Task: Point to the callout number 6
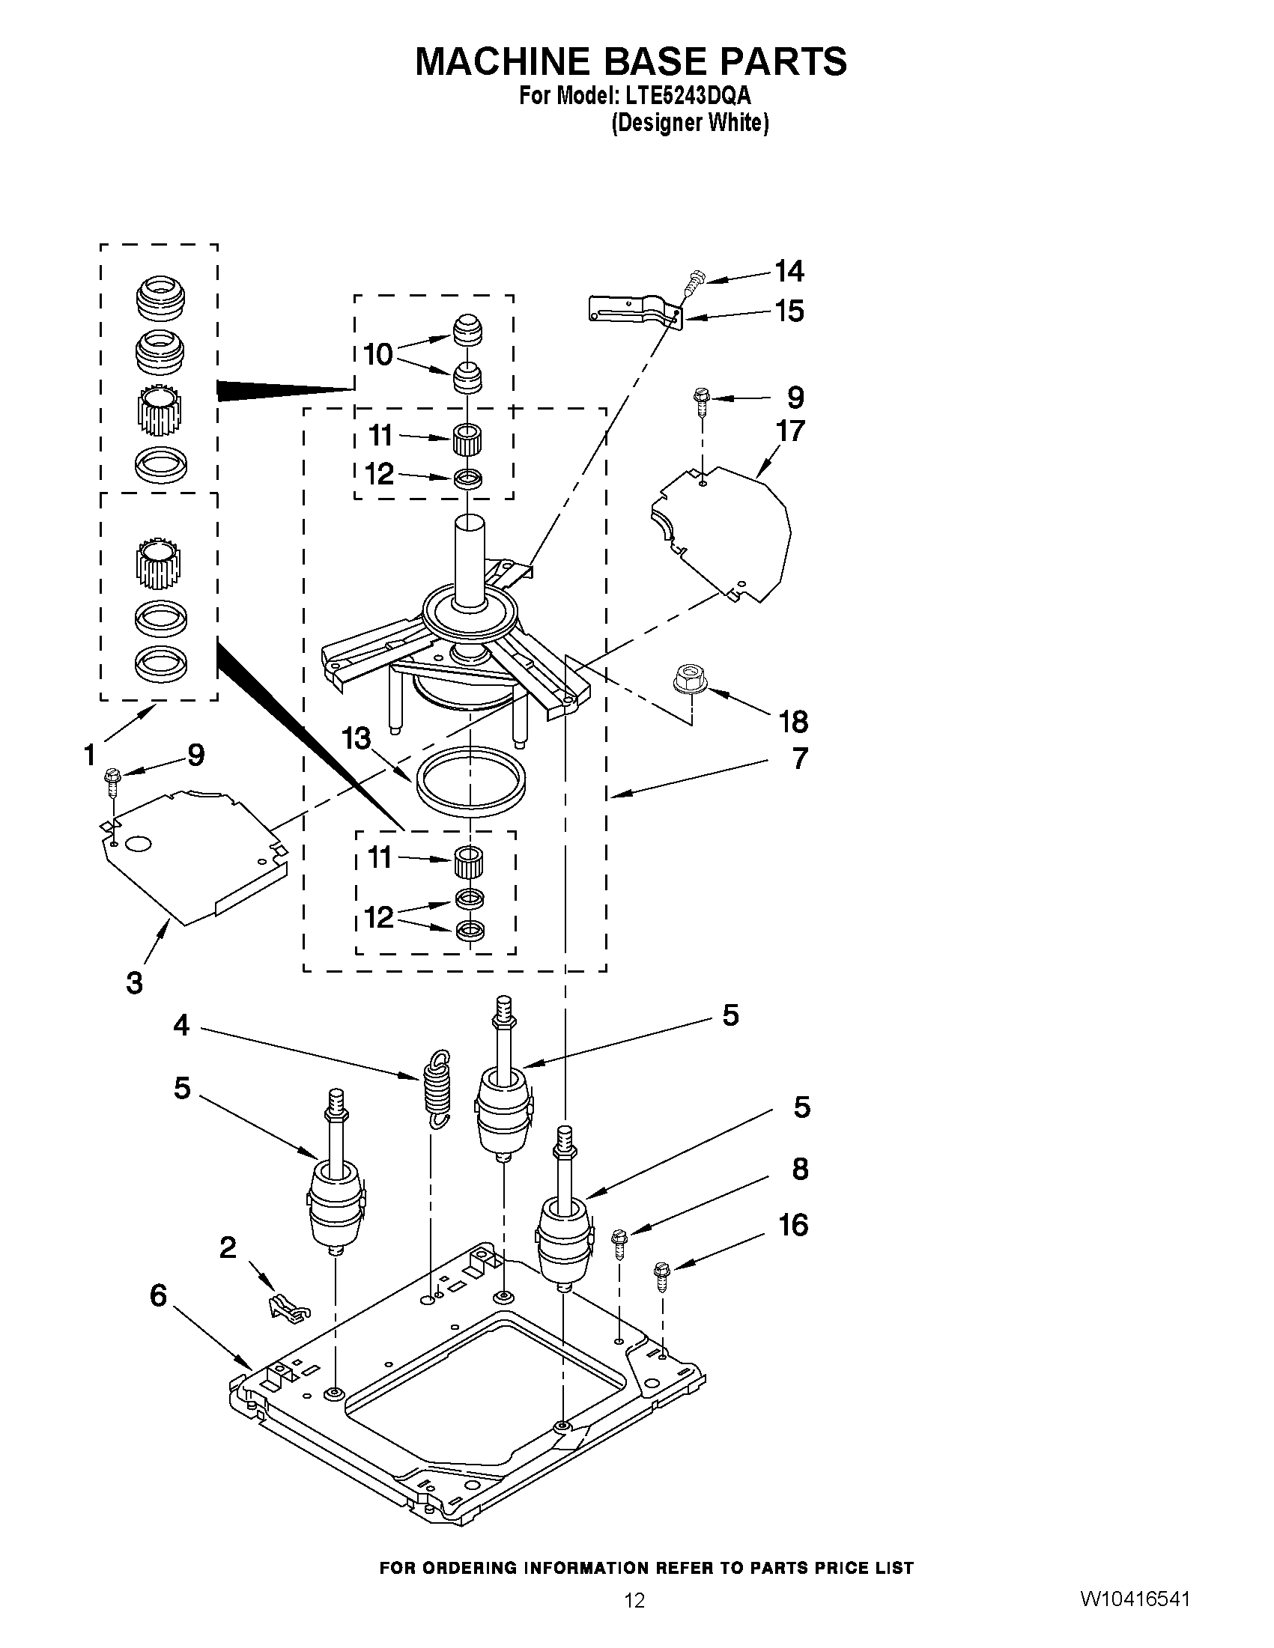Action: coord(158,1295)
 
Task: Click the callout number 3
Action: coord(134,983)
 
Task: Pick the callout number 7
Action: coord(799,758)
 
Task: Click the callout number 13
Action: coord(356,738)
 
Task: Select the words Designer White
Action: coord(689,123)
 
